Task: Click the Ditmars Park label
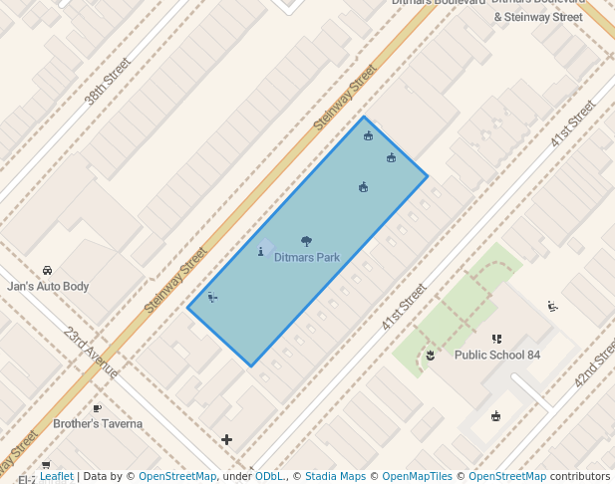tap(307, 257)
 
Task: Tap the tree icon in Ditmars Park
tap(306, 241)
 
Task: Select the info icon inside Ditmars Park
tap(261, 251)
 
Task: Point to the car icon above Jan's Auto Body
tap(47, 271)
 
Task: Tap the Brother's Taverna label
tap(98, 423)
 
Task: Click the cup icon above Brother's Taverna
tap(97, 408)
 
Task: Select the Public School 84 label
tap(497, 355)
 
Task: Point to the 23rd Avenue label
tap(91, 353)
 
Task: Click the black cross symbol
tap(227, 439)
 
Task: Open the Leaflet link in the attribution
tap(56, 476)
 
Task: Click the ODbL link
tap(269, 476)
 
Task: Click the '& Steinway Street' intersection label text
tap(538, 17)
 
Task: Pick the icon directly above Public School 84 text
tap(496, 340)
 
